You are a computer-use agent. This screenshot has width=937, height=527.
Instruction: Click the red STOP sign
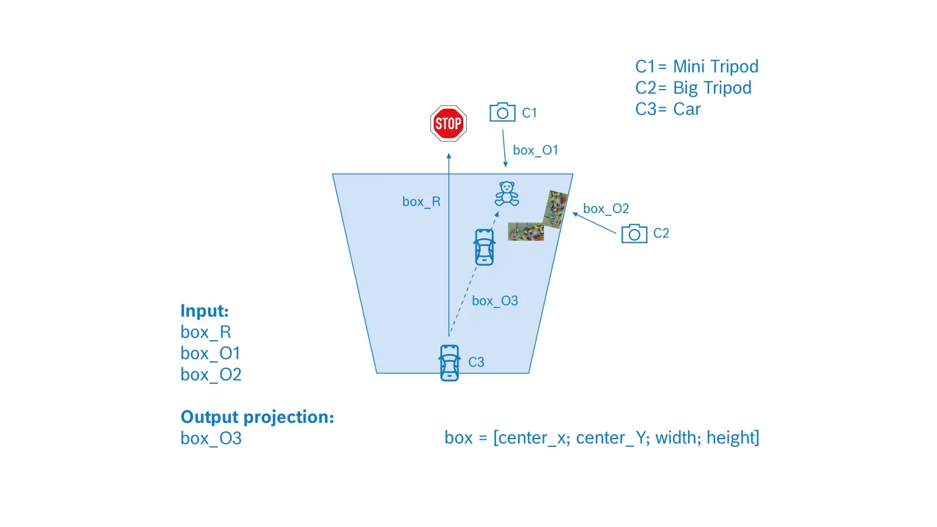pos(448,124)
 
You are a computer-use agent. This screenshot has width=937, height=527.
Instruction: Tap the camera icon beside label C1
pos(502,112)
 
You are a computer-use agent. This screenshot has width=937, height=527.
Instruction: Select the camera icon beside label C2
pos(634,234)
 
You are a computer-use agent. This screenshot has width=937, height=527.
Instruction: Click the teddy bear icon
pos(507,194)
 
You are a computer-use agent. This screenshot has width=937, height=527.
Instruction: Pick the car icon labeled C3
pos(449,363)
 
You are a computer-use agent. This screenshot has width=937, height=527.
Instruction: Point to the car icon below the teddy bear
pos(484,247)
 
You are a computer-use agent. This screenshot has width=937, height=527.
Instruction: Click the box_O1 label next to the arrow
pos(535,150)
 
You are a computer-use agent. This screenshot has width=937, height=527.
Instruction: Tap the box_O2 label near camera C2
pos(606,208)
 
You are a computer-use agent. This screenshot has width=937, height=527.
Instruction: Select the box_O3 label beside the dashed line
pos(495,301)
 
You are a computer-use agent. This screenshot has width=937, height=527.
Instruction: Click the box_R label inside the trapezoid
pos(421,201)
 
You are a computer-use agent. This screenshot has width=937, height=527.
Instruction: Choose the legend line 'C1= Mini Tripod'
pos(696,67)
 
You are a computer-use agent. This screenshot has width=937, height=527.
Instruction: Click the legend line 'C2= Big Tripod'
pos(693,88)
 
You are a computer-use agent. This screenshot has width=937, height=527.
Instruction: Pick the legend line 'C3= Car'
pos(668,109)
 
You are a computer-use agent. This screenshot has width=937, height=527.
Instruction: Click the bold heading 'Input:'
pos(204,311)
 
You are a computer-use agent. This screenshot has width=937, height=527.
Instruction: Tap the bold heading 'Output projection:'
pos(257,417)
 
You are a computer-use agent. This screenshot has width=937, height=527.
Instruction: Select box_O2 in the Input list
pos(211,374)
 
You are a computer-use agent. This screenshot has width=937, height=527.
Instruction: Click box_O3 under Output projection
pos(211,439)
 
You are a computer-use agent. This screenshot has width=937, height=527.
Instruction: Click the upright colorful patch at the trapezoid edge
pos(555,209)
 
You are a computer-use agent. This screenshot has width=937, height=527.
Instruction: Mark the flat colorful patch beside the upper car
pos(526,232)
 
